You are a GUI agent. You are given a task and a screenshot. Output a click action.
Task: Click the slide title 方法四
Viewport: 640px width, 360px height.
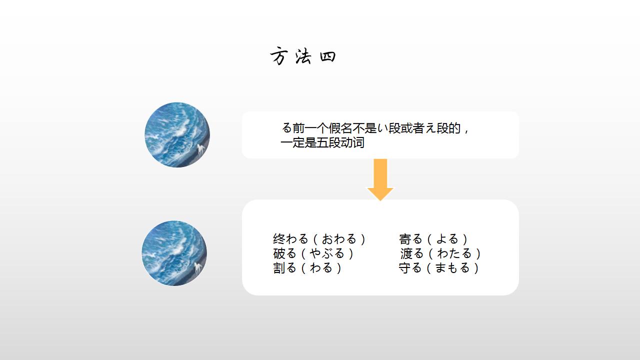click(x=303, y=56)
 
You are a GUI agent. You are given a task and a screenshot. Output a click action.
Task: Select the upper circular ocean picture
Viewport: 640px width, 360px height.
click(x=177, y=135)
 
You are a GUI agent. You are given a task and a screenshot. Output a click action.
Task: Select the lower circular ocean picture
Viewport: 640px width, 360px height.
click(x=174, y=253)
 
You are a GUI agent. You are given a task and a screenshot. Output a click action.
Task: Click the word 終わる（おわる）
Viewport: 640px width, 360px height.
click(x=319, y=239)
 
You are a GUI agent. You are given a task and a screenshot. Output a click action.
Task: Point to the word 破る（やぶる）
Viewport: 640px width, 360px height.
click(x=313, y=253)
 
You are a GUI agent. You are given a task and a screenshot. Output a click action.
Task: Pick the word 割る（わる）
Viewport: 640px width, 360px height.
click(x=307, y=268)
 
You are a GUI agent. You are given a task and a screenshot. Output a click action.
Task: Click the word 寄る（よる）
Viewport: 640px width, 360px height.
click(x=433, y=239)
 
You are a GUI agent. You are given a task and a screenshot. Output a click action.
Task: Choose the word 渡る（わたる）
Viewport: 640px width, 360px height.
click(x=440, y=253)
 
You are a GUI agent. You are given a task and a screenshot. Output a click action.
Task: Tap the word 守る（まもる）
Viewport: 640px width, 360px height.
click(x=439, y=268)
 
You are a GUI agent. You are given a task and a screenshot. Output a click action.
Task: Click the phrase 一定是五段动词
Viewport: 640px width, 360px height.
click(x=322, y=143)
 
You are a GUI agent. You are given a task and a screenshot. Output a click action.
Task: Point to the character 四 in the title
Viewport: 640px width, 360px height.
click(x=327, y=56)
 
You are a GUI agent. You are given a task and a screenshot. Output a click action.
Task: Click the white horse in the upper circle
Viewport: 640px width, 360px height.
click(x=201, y=149)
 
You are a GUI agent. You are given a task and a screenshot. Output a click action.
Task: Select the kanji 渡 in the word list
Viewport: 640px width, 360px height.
click(x=406, y=253)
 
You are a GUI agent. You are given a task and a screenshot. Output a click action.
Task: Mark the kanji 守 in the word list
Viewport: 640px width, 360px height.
click(x=404, y=268)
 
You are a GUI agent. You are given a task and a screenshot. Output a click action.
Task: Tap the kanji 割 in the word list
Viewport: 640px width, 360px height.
click(x=278, y=268)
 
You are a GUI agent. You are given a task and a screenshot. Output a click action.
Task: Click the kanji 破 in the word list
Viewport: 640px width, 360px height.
click(x=278, y=253)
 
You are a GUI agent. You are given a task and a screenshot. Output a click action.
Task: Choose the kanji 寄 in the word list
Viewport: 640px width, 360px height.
click(x=405, y=239)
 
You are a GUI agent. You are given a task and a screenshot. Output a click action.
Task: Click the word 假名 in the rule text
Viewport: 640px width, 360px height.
click(x=340, y=128)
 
